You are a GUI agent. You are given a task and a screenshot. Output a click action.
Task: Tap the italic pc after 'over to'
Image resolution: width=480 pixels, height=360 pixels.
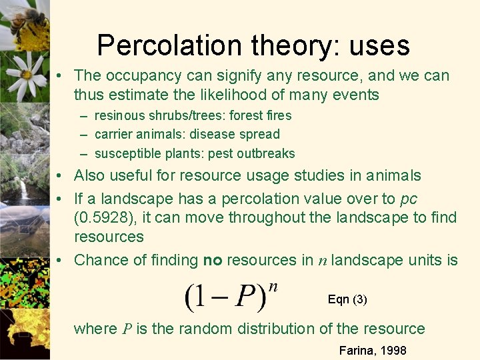408,199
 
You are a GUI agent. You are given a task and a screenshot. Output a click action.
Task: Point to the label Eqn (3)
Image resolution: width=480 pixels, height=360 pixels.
347,300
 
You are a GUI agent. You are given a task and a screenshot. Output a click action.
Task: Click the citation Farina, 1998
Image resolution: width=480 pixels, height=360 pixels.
373,350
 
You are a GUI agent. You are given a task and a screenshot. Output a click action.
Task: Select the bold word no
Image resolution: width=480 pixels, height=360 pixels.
213,260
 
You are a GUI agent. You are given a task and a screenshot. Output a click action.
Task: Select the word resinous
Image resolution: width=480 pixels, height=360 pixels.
119,115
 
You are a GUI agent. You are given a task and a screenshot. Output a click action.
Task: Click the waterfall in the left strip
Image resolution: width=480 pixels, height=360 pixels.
23,190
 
